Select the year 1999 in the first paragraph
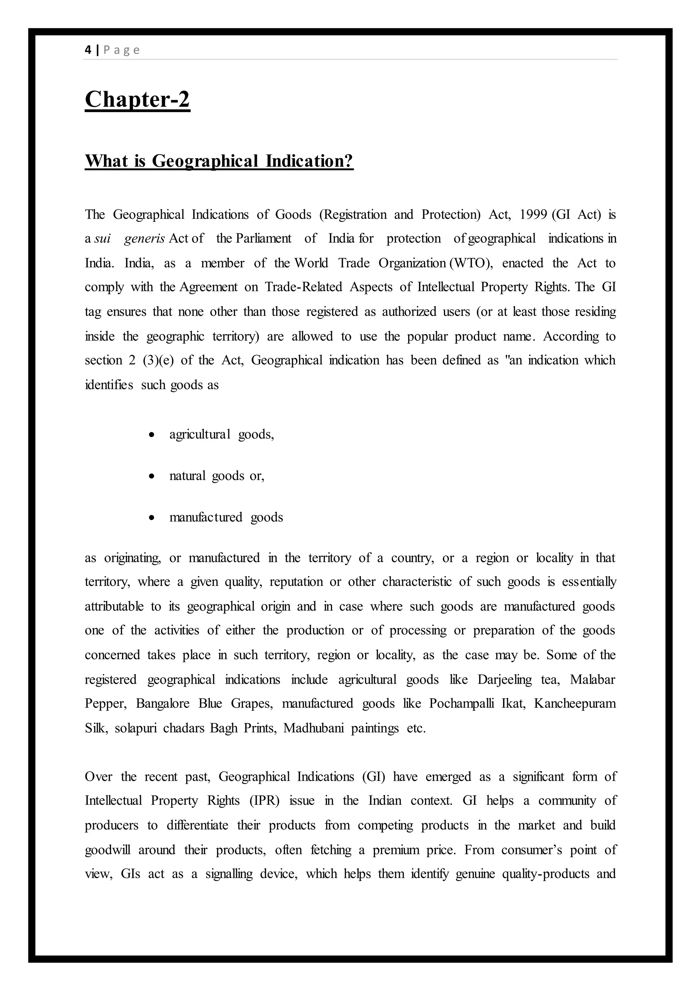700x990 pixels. (534, 214)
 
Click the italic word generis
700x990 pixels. (144, 239)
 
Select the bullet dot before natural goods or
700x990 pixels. (151, 476)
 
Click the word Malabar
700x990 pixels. (592, 680)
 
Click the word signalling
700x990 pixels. (229, 874)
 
